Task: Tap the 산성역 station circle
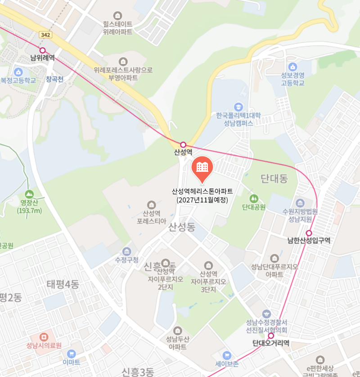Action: point(183,144)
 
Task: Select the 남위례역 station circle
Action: point(43,50)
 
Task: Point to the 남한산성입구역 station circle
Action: point(309,233)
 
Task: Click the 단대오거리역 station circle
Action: point(271,336)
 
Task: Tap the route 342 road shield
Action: point(45,35)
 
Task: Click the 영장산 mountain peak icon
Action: point(29,194)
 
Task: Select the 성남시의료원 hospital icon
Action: point(44,337)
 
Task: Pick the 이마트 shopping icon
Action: point(71,354)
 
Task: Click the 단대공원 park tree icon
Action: point(254,198)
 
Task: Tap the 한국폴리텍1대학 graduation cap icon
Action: point(238,107)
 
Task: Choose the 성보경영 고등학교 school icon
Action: point(293,67)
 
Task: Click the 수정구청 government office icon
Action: point(126,251)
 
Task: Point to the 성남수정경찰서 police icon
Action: point(267,314)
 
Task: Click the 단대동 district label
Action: point(274,179)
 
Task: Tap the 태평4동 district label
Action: point(63,284)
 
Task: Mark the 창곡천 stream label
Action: point(55,79)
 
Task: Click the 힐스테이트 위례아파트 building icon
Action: point(118,15)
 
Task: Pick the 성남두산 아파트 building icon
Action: point(178,331)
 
